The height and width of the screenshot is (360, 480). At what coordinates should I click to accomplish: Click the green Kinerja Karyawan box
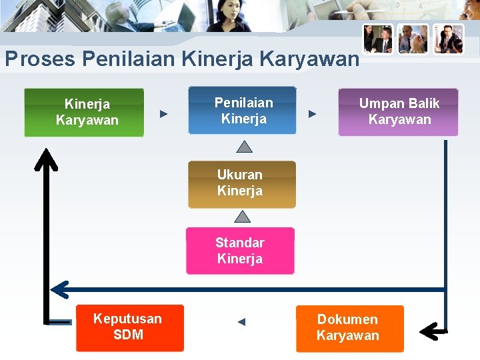tap(84, 112)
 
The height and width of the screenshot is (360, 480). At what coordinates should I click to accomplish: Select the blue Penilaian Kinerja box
tap(241, 111)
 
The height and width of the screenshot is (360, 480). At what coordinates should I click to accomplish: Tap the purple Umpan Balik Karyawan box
tap(398, 112)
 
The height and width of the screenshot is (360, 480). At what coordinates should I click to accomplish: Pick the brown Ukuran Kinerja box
tap(241, 183)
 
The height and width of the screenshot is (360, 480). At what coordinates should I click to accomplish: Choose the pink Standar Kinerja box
tap(240, 251)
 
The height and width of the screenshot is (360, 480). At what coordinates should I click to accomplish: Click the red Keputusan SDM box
tap(129, 327)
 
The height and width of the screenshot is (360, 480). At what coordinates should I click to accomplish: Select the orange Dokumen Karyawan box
tap(349, 328)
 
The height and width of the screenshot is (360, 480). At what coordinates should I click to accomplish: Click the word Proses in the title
tap(40, 59)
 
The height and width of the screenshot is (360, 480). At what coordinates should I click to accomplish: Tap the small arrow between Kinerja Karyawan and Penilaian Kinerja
tap(163, 114)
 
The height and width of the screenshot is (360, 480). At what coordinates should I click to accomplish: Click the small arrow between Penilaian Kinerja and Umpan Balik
tap(312, 114)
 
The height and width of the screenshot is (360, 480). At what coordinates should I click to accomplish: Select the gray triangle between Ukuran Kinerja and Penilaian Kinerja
tap(245, 147)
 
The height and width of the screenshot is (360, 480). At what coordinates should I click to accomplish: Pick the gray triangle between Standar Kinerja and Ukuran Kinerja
tap(243, 216)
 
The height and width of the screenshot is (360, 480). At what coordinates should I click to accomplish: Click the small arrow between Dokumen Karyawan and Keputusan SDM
tap(241, 322)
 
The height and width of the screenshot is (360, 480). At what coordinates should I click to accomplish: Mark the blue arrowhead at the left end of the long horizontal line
tap(60, 289)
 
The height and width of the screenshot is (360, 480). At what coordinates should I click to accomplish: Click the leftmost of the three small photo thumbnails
tap(377, 39)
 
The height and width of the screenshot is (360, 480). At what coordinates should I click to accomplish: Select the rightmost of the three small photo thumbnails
tap(448, 39)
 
